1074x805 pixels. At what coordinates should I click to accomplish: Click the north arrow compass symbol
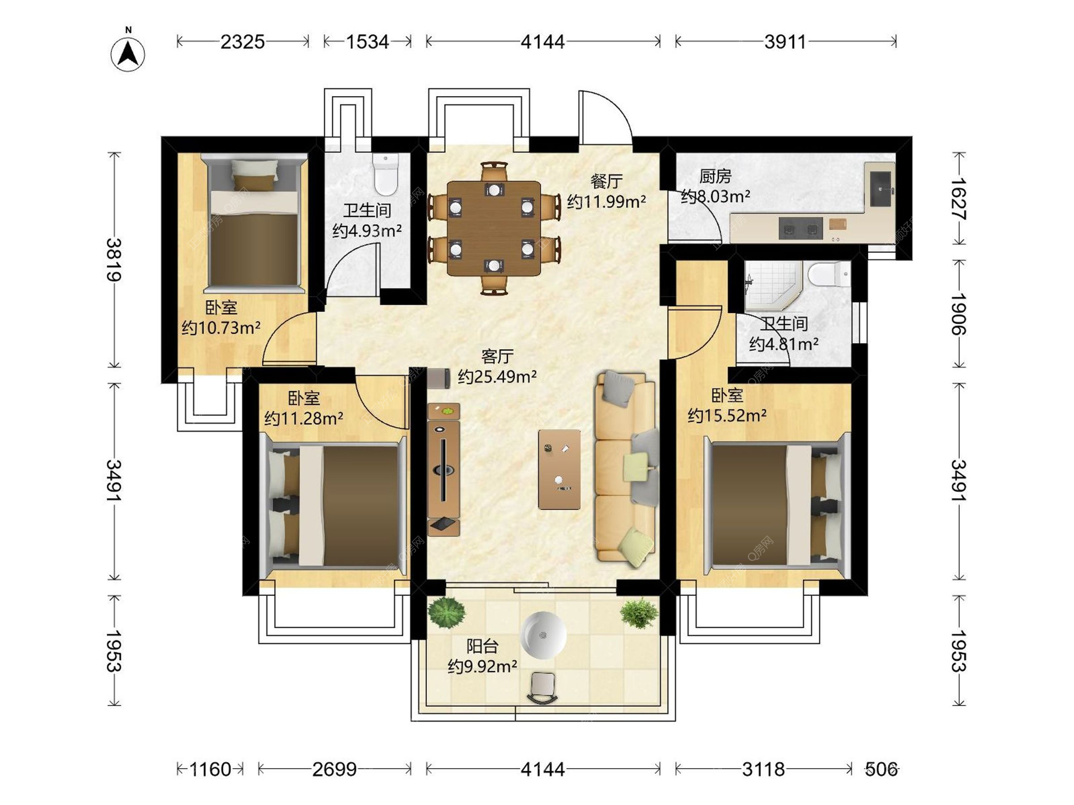128,54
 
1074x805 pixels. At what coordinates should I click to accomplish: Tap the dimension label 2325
242,42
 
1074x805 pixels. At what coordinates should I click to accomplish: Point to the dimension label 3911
785,42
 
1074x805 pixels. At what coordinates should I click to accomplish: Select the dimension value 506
881,770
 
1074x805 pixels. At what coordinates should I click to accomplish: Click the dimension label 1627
959,198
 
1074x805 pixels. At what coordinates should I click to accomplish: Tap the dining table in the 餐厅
494,228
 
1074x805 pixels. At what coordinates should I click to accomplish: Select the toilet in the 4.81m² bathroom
830,274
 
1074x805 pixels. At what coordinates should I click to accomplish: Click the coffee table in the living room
559,469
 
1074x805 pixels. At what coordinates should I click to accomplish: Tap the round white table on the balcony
543,635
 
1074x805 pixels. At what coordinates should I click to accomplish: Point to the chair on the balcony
542,688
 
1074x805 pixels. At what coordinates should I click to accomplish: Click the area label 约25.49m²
497,377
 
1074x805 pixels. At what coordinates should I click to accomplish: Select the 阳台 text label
482,646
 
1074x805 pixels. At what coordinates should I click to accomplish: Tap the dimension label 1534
367,42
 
